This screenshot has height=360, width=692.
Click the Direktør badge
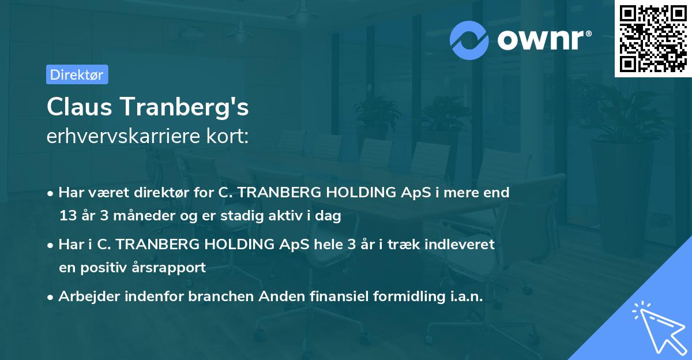pos(77,74)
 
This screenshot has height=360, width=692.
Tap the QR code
pos(653,38)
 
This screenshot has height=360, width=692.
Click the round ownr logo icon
pos(469,40)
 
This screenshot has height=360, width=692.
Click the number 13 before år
pos(67,216)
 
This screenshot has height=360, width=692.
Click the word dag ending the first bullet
pos(329,216)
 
